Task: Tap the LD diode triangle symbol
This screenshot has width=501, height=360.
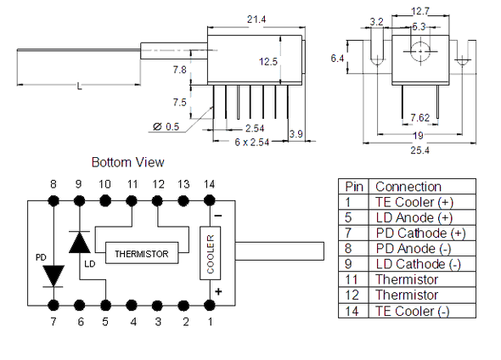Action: pos(79,242)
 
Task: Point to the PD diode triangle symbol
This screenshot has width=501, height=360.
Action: pos(53,276)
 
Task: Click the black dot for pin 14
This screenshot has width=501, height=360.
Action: pos(209,201)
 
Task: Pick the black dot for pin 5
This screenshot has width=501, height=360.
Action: pos(105,306)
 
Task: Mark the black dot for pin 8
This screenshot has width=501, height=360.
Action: pos(53,201)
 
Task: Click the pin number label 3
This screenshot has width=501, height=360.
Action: pos(158,322)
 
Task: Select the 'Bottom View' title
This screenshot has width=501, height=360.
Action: pos(128,162)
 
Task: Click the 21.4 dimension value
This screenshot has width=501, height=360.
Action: pos(256,20)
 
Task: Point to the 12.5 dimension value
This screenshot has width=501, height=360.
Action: pos(268,61)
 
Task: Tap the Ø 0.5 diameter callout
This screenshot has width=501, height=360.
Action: pos(166,127)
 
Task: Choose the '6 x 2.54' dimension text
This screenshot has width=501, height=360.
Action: pos(252,142)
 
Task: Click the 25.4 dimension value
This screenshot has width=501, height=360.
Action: pos(419,150)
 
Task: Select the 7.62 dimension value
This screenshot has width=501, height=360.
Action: pos(419,117)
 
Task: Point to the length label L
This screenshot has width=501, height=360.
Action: pos(79,87)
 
